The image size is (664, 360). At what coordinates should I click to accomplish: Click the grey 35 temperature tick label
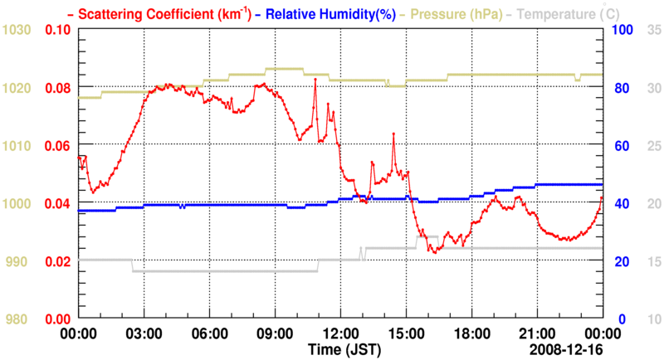pyautogui.click(x=653, y=30)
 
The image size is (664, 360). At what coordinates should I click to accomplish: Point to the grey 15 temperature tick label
pyautogui.click(x=653, y=261)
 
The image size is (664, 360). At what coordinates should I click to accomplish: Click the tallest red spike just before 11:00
pyautogui.click(x=315, y=80)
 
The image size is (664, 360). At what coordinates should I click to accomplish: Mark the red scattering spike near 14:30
pyautogui.click(x=393, y=134)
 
